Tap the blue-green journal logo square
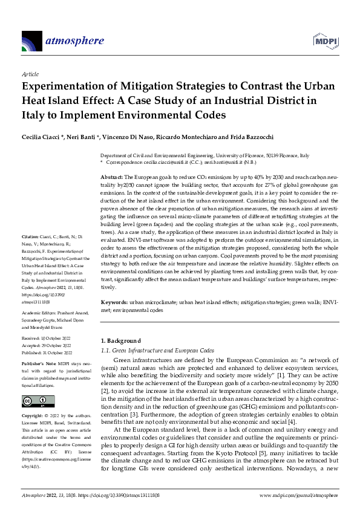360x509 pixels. point(31,41)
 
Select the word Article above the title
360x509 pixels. point(30,73)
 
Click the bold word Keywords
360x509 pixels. point(114,300)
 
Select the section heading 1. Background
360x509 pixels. point(120,341)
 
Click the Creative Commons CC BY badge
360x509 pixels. point(34,401)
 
